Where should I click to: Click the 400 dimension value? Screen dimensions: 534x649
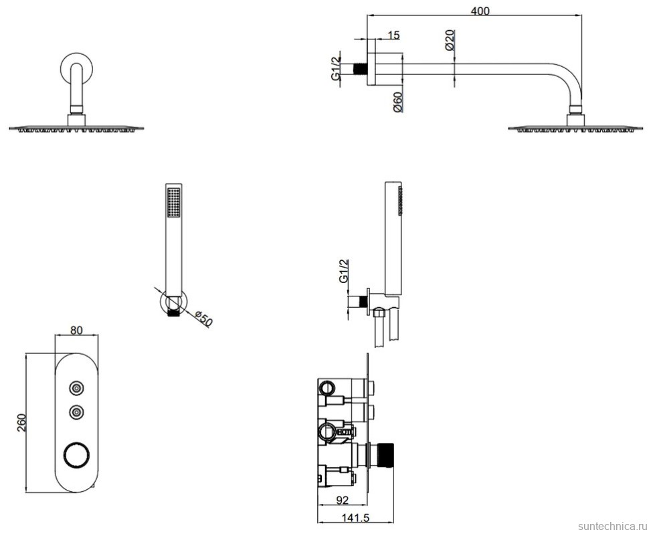pyautogui.click(x=480, y=11)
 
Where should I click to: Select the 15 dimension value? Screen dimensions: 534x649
pyautogui.click(x=393, y=34)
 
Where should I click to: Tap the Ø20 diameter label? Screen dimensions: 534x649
pyautogui.click(x=450, y=41)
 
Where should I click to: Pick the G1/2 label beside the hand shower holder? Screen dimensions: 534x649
pyautogui.click(x=343, y=270)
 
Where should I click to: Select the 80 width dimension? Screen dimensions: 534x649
pyautogui.click(x=77, y=329)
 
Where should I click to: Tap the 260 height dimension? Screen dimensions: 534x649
pyautogui.click(x=21, y=422)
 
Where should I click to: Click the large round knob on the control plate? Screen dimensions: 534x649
pyautogui.click(x=76, y=456)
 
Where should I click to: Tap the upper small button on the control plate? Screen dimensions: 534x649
pyautogui.click(x=77, y=387)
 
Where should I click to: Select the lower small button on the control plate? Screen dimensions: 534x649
pyautogui.click(x=77, y=412)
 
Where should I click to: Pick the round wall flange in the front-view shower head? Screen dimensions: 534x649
pyautogui.click(x=76, y=69)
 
